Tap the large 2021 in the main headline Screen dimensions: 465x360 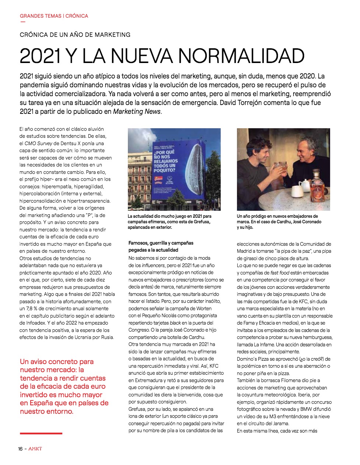[x=40, y=56]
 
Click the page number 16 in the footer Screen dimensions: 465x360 [x=21, y=448]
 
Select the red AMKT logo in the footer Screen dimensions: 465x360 [x=35, y=448]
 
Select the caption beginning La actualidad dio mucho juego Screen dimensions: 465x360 [x=169, y=221]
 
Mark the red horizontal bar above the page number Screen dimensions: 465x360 [x=41, y=433]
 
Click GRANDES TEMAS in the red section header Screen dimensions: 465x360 [x=41, y=16]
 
